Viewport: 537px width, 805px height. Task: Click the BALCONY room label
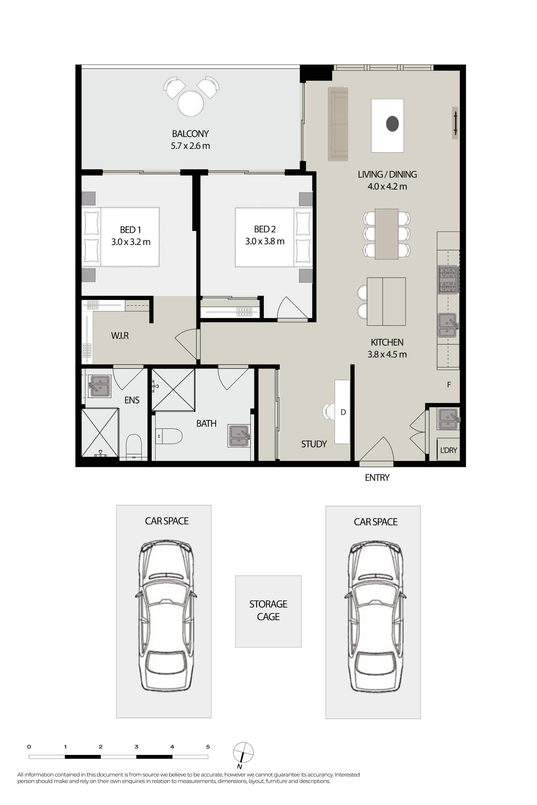[190, 134]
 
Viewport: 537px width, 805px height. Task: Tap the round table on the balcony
[191, 103]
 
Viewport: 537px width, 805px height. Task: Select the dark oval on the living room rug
[392, 124]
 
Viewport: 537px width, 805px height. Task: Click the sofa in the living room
[338, 124]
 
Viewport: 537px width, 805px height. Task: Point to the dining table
[386, 234]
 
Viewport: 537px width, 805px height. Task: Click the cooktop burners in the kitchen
[448, 280]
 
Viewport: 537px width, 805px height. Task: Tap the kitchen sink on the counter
[448, 325]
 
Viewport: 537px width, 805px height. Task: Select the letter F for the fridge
[449, 385]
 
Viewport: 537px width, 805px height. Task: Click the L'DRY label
[449, 450]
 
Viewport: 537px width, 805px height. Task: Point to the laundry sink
[448, 419]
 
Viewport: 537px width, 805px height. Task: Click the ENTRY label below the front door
[377, 477]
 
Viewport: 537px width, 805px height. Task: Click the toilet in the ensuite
[134, 447]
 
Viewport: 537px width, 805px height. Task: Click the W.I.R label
[120, 335]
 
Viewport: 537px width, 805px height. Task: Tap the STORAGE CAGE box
[268, 611]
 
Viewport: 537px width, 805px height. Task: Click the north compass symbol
[243, 752]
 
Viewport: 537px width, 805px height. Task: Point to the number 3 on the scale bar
[136, 747]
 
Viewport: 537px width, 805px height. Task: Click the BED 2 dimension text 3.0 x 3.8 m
[265, 241]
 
